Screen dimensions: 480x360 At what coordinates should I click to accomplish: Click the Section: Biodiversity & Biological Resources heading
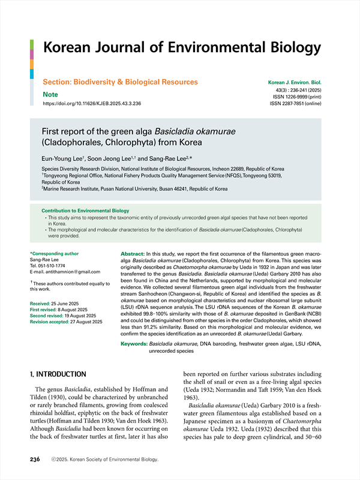pos(120,82)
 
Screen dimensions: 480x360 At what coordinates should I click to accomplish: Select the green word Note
pos(50,95)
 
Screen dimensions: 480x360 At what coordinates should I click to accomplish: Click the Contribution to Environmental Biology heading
pos(85,211)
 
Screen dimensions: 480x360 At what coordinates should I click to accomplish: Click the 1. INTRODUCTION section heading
pos(62,374)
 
